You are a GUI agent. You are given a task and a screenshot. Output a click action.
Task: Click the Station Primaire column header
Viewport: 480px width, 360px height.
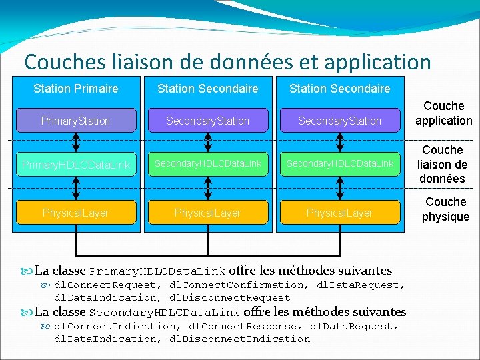point(75,89)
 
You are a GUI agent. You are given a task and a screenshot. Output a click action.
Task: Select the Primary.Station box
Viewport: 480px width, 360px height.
point(75,121)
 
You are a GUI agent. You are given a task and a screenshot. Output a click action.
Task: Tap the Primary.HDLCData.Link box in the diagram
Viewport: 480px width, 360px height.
point(75,164)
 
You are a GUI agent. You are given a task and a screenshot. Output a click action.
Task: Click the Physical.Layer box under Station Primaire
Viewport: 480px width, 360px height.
point(75,213)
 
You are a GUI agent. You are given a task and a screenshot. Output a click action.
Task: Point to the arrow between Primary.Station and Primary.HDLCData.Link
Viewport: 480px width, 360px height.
point(76,141)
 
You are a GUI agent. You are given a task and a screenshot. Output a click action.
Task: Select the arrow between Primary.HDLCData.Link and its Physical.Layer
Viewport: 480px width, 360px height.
point(76,189)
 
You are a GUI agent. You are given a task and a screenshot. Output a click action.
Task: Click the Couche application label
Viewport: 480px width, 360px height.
point(443,113)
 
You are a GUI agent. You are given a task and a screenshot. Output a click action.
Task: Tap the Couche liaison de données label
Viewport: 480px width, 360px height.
point(443,164)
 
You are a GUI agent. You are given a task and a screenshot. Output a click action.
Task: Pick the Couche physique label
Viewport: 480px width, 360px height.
point(445,209)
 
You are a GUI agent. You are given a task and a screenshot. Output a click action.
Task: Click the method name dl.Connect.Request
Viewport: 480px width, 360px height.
point(105,285)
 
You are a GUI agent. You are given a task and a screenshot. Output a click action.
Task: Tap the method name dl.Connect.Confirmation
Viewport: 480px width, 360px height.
point(240,285)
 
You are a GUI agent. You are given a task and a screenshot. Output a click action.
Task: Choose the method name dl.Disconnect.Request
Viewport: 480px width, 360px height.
point(230,298)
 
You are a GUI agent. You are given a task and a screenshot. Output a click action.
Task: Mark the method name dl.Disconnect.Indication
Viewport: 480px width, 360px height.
point(240,339)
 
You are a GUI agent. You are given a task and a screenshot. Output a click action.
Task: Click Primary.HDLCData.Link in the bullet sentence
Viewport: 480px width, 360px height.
point(157,271)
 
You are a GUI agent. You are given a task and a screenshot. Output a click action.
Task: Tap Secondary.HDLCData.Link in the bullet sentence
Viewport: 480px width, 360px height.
point(164,313)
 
